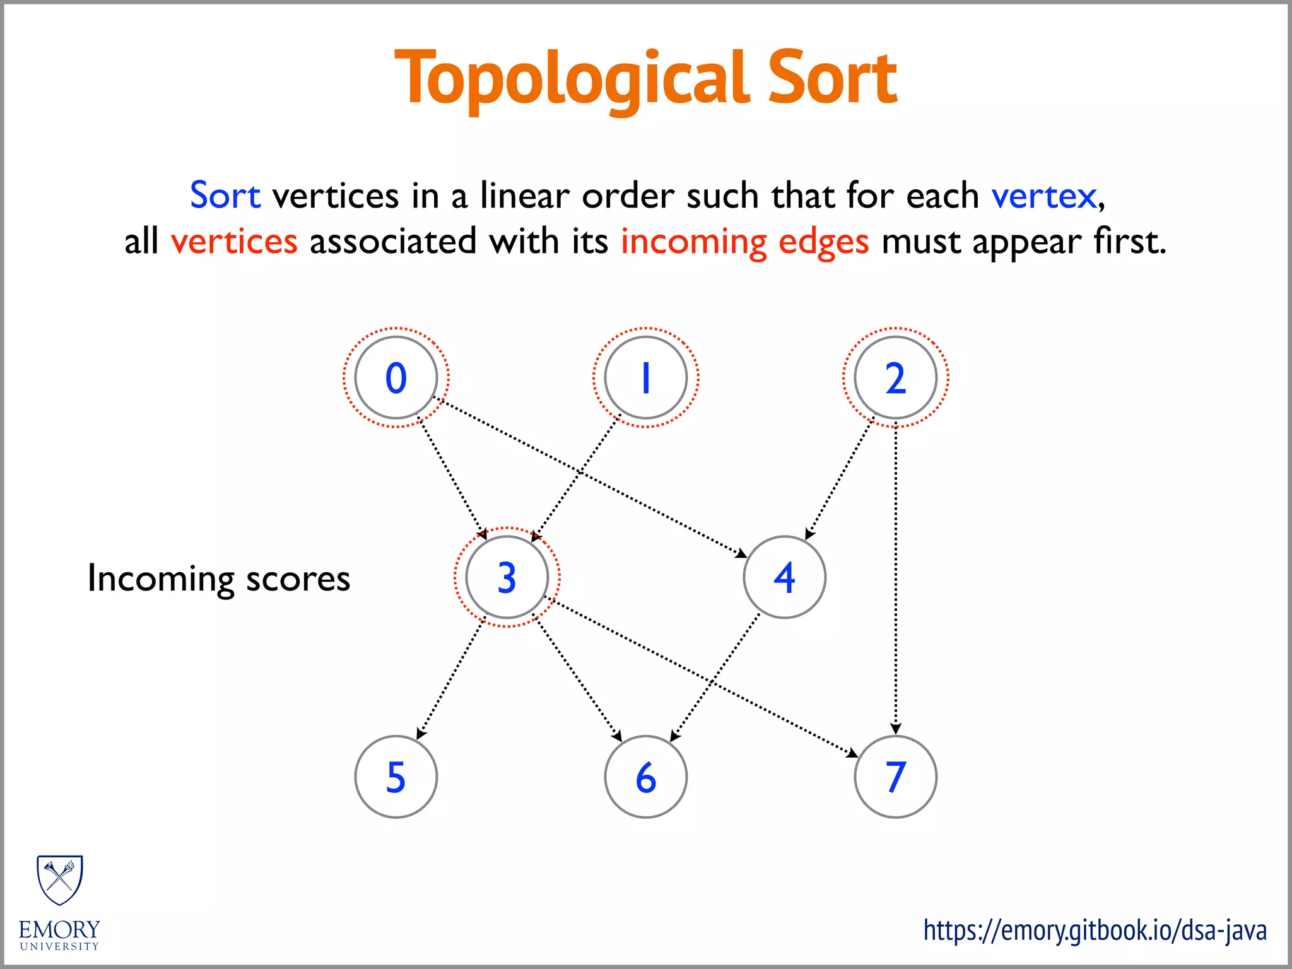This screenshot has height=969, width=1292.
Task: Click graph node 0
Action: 396,377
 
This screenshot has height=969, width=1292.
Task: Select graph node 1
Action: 645,377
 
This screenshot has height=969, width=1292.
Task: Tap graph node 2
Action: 895,377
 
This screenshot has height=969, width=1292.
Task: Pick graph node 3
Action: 507,577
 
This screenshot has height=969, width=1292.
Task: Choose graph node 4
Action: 784,577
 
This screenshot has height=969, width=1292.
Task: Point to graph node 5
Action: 396,777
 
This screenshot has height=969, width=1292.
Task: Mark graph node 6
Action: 645,777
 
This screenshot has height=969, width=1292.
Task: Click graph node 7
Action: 895,777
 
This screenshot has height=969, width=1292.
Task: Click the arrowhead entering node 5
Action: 421,734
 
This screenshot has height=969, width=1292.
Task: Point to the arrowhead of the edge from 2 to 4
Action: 809,534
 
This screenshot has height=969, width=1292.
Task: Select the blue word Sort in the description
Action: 225,195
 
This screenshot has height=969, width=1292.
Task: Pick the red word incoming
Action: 693,242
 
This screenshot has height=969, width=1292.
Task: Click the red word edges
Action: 823,242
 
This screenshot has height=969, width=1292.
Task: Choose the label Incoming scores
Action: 218,578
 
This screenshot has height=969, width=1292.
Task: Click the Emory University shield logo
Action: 60,879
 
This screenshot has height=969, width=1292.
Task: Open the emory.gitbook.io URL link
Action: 1095,931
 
